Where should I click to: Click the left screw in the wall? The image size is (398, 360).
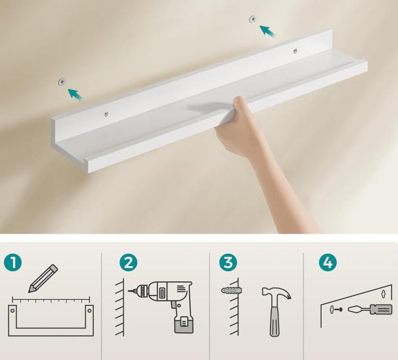[x=62, y=82]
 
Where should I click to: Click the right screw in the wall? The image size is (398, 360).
[x=253, y=19]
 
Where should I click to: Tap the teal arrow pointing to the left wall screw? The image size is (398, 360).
[x=75, y=94]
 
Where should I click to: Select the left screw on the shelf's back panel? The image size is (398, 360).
[x=106, y=114]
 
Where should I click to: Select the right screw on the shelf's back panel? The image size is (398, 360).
[x=295, y=51]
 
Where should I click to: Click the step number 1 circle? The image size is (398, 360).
[x=13, y=262]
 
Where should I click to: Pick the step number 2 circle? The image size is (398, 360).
[x=128, y=262]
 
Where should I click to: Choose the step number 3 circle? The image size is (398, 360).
[x=228, y=262]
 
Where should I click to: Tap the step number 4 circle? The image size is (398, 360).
[x=328, y=262]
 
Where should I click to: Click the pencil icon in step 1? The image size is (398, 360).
[x=43, y=279]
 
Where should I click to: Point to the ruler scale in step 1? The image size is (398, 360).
[x=51, y=299]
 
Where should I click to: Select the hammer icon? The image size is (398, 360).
[x=276, y=311]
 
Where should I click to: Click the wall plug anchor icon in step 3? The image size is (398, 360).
[x=231, y=290]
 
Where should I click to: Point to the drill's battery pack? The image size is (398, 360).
[x=184, y=324]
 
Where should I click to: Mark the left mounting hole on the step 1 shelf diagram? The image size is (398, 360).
[x=13, y=310]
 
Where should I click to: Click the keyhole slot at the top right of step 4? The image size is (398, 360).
[x=383, y=294]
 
